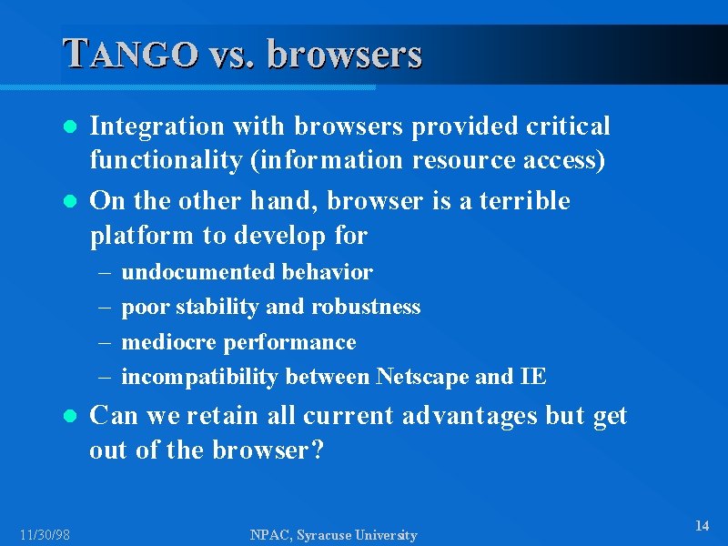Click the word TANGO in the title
pos(130,54)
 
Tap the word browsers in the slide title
pos(345,54)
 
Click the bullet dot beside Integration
pos(70,126)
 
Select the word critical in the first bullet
pos(568,126)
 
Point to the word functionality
pos(166,160)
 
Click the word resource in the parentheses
pos(463,161)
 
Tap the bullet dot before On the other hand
pos(70,201)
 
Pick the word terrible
pos(525,201)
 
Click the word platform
pos(142,236)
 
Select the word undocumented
pos(197,272)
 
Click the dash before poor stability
pos(105,308)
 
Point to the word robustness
pos(366,307)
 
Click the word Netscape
pos(421,377)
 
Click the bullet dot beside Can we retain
pos(70,416)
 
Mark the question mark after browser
pos(318,450)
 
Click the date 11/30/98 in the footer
pos(45,535)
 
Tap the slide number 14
pos(702,526)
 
